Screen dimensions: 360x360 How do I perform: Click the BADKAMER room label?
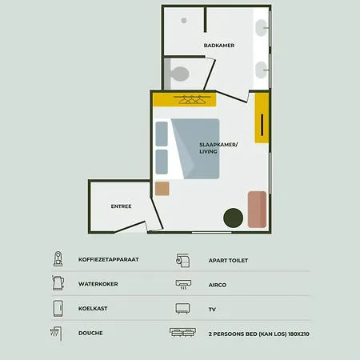tap(218, 46)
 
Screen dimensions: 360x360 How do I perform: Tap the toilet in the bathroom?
tap(178, 74)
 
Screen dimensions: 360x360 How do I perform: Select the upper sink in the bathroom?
tap(262, 29)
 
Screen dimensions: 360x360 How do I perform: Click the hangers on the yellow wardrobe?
tap(190, 99)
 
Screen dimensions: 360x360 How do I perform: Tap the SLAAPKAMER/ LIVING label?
tap(214, 148)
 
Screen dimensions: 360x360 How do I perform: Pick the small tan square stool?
tap(162, 189)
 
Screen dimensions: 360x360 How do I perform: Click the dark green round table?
tap(233, 216)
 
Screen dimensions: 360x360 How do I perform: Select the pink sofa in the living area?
tap(257, 209)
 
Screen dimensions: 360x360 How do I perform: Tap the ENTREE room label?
tap(121, 207)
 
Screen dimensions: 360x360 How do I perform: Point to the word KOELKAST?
tap(94, 307)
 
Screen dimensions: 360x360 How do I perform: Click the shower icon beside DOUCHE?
tap(56, 331)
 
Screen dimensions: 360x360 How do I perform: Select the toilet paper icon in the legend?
tap(182, 259)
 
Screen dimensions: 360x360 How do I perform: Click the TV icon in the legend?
tap(182, 307)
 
